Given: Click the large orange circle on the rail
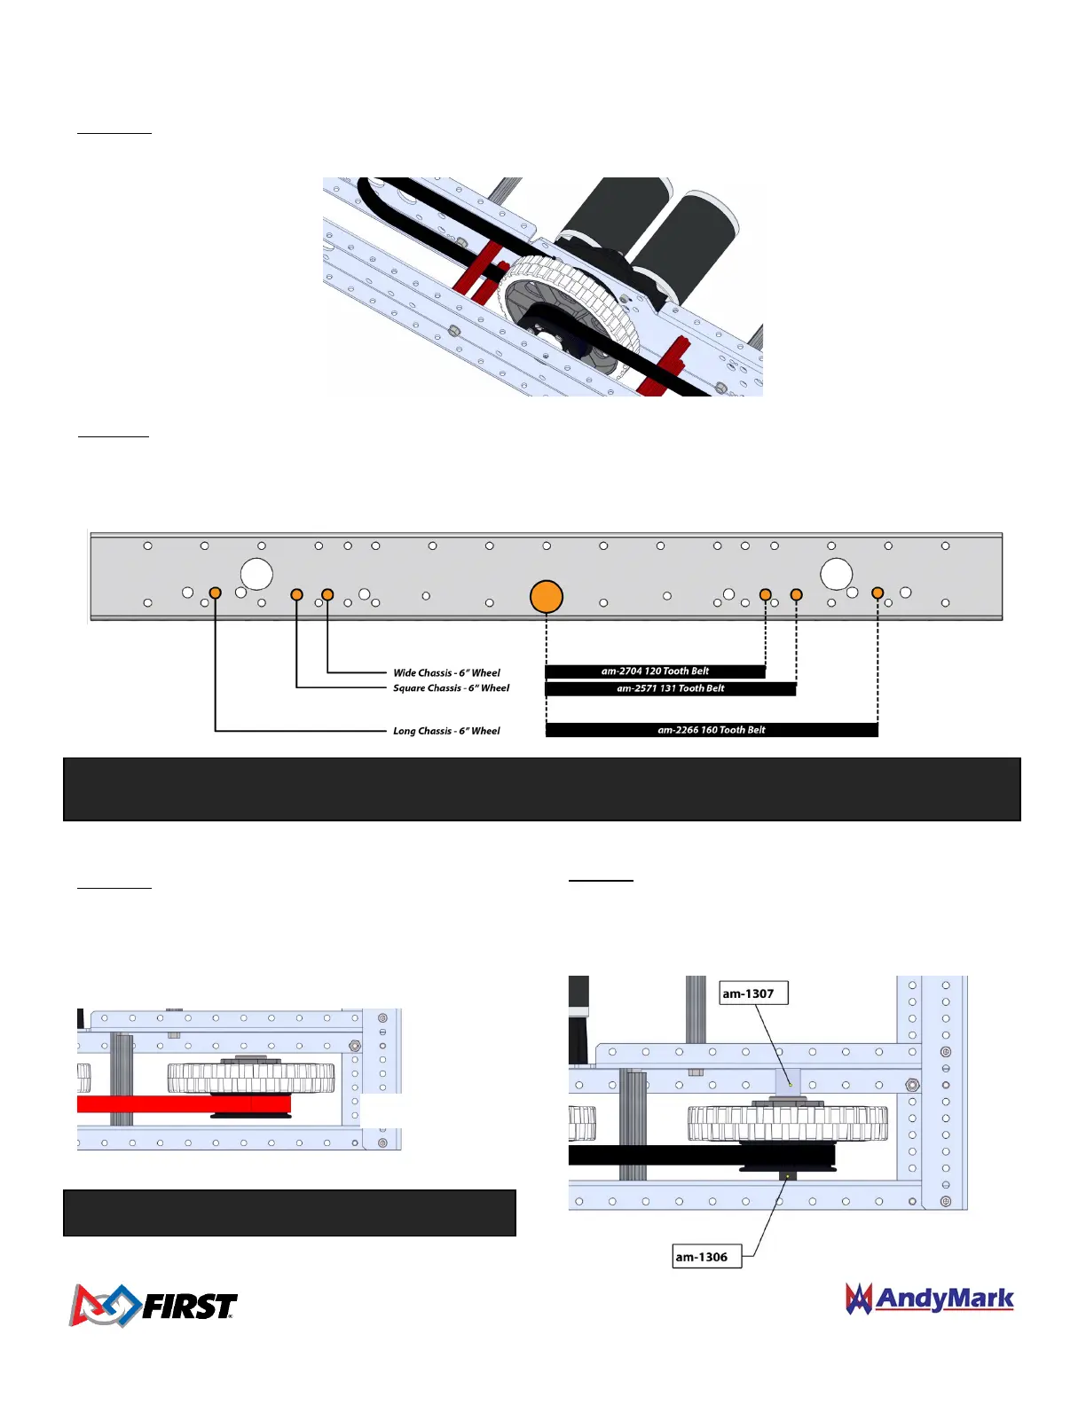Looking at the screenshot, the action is (x=547, y=597).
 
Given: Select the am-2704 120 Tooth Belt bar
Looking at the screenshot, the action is (x=655, y=671).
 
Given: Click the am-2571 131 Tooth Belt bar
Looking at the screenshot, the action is (x=670, y=688).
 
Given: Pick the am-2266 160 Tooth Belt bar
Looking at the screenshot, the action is (x=711, y=730).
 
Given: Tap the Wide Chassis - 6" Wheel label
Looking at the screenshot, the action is (x=446, y=673).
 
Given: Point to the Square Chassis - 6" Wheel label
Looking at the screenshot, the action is (x=451, y=688).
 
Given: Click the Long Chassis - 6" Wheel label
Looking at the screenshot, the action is (x=446, y=731).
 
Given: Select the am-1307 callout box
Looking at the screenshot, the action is (x=752, y=993).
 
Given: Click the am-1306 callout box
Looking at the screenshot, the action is (x=706, y=1257).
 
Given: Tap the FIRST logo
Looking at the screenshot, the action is (x=153, y=1305).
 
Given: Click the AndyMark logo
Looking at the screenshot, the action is (x=929, y=1299).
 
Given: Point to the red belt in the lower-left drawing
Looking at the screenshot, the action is (x=177, y=1104).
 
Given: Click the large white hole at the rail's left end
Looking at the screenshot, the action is (x=256, y=574).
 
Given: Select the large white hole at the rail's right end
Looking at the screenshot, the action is (x=836, y=574).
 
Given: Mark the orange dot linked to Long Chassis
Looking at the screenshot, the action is (x=215, y=593).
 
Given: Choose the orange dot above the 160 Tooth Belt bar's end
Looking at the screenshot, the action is (x=877, y=593).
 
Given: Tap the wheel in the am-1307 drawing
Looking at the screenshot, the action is (x=787, y=1124).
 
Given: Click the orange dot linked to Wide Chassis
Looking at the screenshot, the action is (x=327, y=594).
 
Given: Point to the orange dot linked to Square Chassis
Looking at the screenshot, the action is (x=296, y=594).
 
